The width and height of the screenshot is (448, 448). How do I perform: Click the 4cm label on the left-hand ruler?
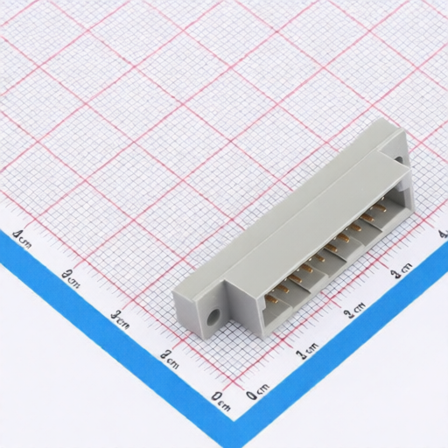tap(22, 237)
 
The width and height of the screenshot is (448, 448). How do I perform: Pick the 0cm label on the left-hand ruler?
tap(220, 401)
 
